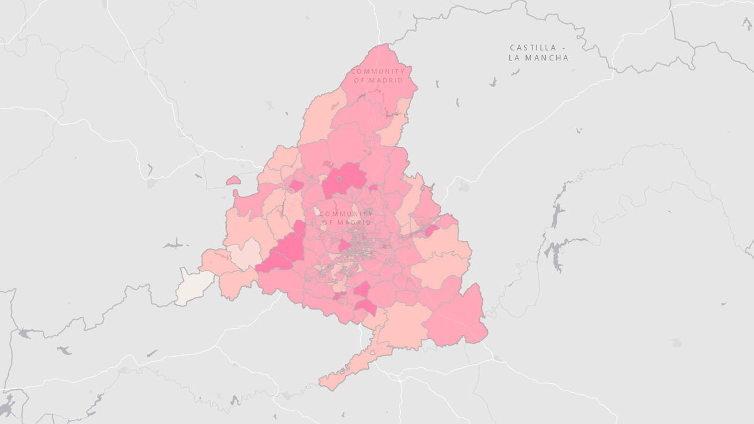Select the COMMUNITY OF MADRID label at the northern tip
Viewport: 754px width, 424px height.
[x=378, y=75]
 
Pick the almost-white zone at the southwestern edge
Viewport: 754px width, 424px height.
[x=194, y=286]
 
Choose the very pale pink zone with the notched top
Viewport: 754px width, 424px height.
[x=244, y=253]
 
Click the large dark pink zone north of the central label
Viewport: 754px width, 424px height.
[x=344, y=178]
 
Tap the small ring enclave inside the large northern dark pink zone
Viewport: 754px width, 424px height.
[x=339, y=179]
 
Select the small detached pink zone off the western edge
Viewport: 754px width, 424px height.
[x=233, y=181]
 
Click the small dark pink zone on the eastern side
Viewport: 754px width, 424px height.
[x=431, y=231]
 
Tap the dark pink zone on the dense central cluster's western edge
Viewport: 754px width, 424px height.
[x=343, y=246]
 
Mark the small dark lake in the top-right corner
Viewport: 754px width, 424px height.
[x=746, y=23]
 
